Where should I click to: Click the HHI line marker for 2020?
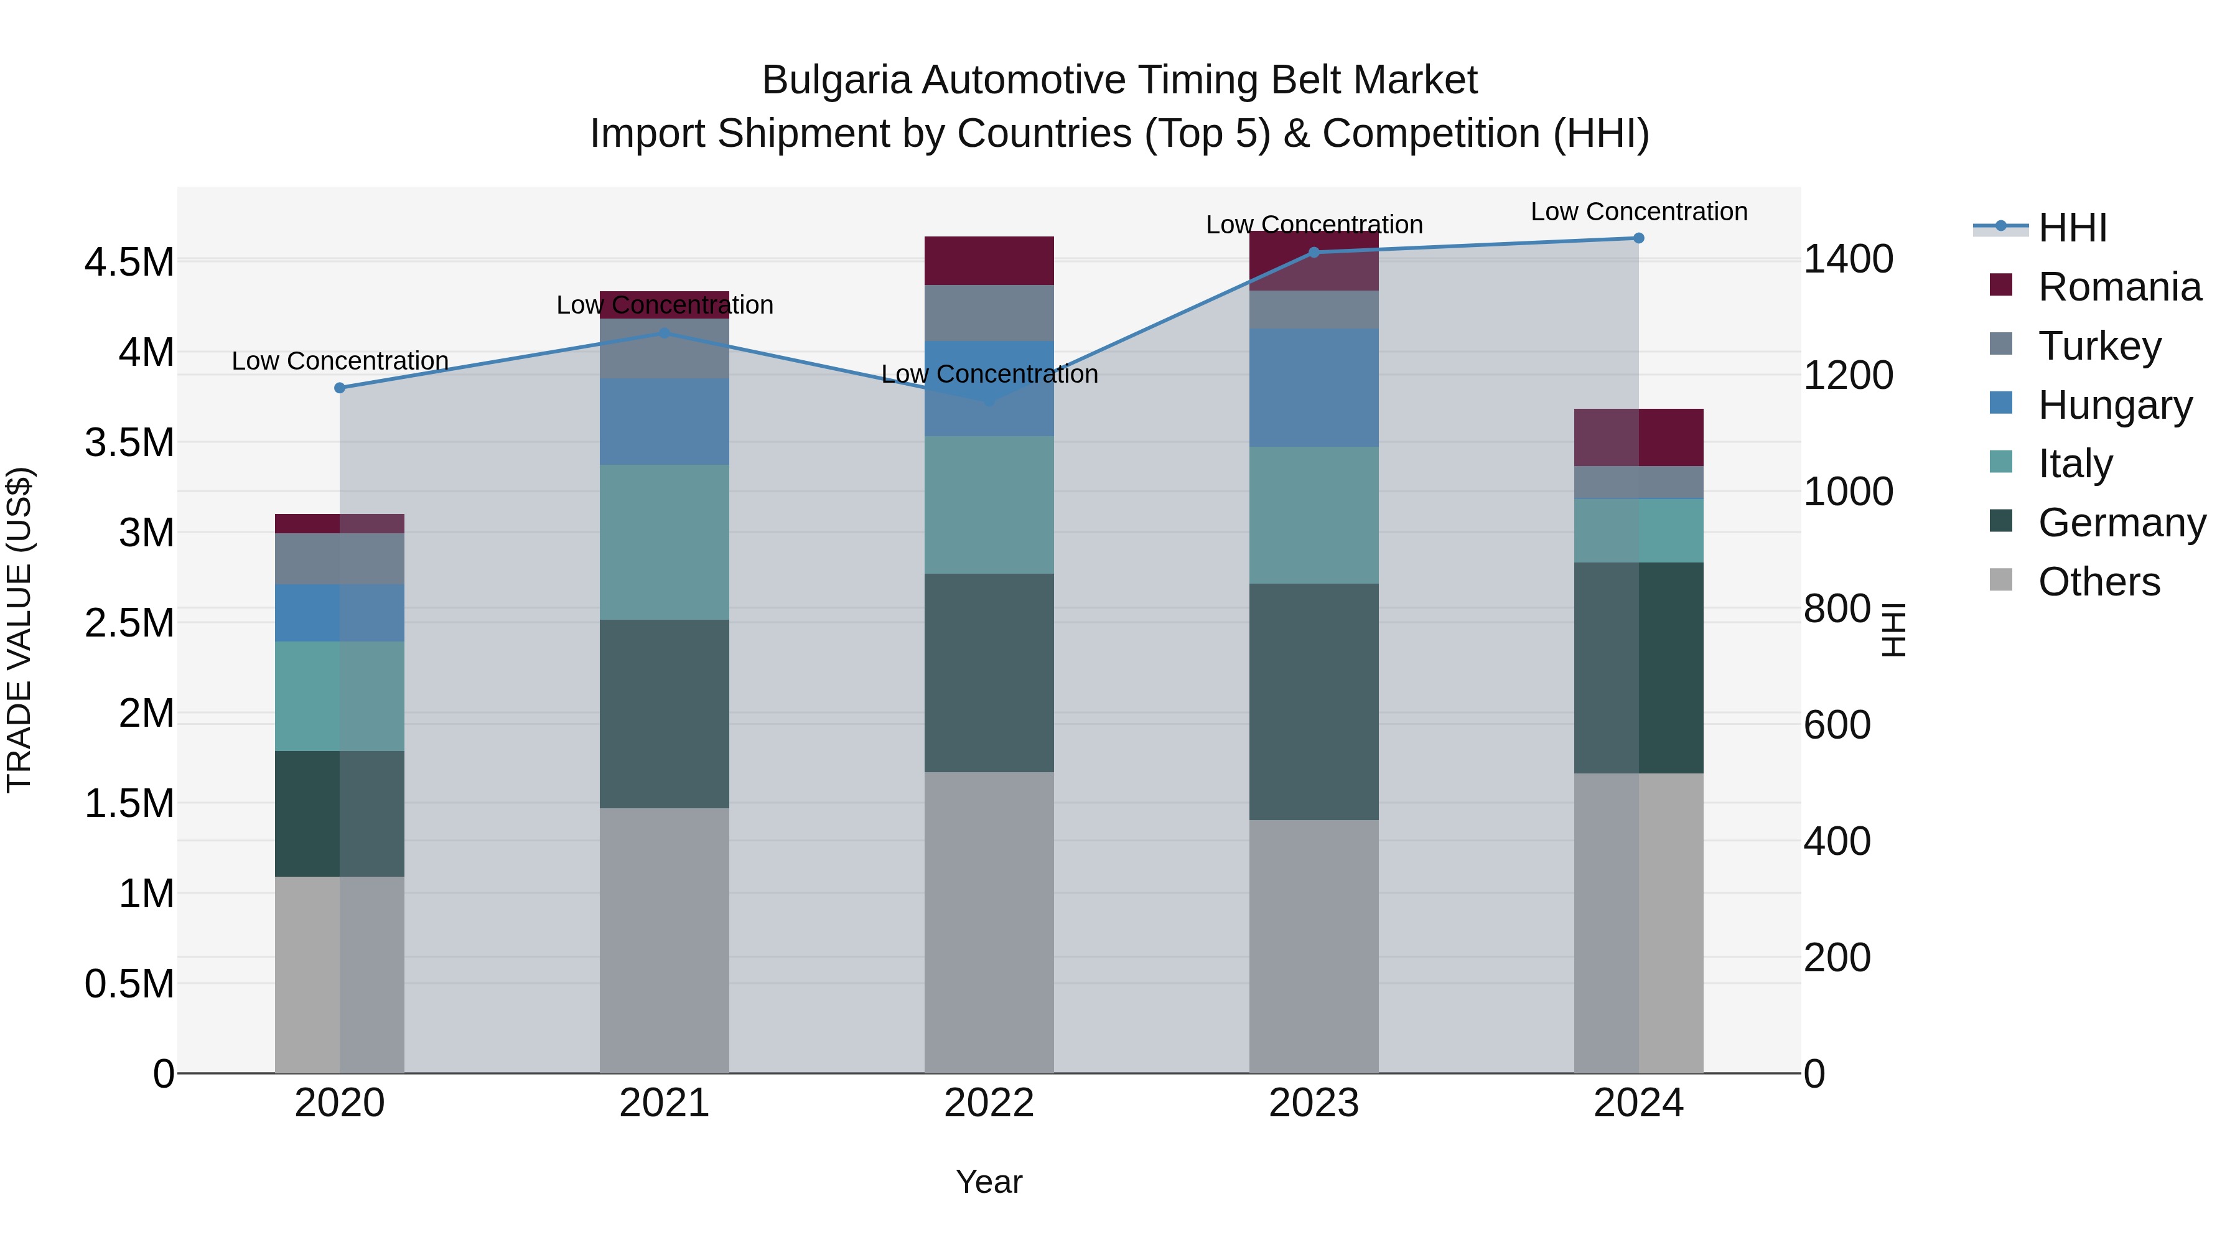(x=340, y=388)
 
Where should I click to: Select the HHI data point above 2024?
(x=1638, y=238)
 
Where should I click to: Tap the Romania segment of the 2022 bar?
(x=989, y=261)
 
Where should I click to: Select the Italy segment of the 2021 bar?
(x=665, y=542)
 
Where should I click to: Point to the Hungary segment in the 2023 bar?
(x=1313, y=388)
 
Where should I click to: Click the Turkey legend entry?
(x=2099, y=346)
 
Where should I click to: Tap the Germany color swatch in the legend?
(x=2001, y=522)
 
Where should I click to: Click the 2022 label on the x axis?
(x=989, y=1103)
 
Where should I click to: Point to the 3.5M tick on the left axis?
(x=129, y=442)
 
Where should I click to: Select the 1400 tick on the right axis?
(x=1849, y=259)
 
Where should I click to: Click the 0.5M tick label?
(x=129, y=984)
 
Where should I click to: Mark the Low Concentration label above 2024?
(x=1638, y=212)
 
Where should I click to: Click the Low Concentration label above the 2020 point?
(x=340, y=361)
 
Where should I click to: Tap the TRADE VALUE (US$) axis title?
(x=19, y=630)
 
